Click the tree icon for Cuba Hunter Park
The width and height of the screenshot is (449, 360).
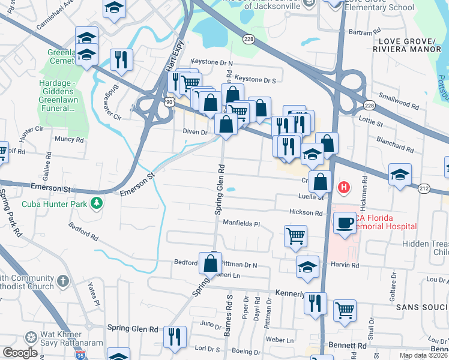96,204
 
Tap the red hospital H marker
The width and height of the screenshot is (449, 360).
344,188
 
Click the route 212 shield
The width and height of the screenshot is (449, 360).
424,188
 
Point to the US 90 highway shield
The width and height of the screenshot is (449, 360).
170,103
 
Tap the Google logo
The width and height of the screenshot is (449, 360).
20,353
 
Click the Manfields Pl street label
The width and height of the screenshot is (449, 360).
241,224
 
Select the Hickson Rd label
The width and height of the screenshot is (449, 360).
306,212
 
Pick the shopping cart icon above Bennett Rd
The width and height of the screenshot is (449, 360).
345,310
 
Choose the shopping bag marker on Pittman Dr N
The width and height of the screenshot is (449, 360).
211,263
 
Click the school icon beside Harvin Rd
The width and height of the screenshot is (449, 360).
307,266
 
